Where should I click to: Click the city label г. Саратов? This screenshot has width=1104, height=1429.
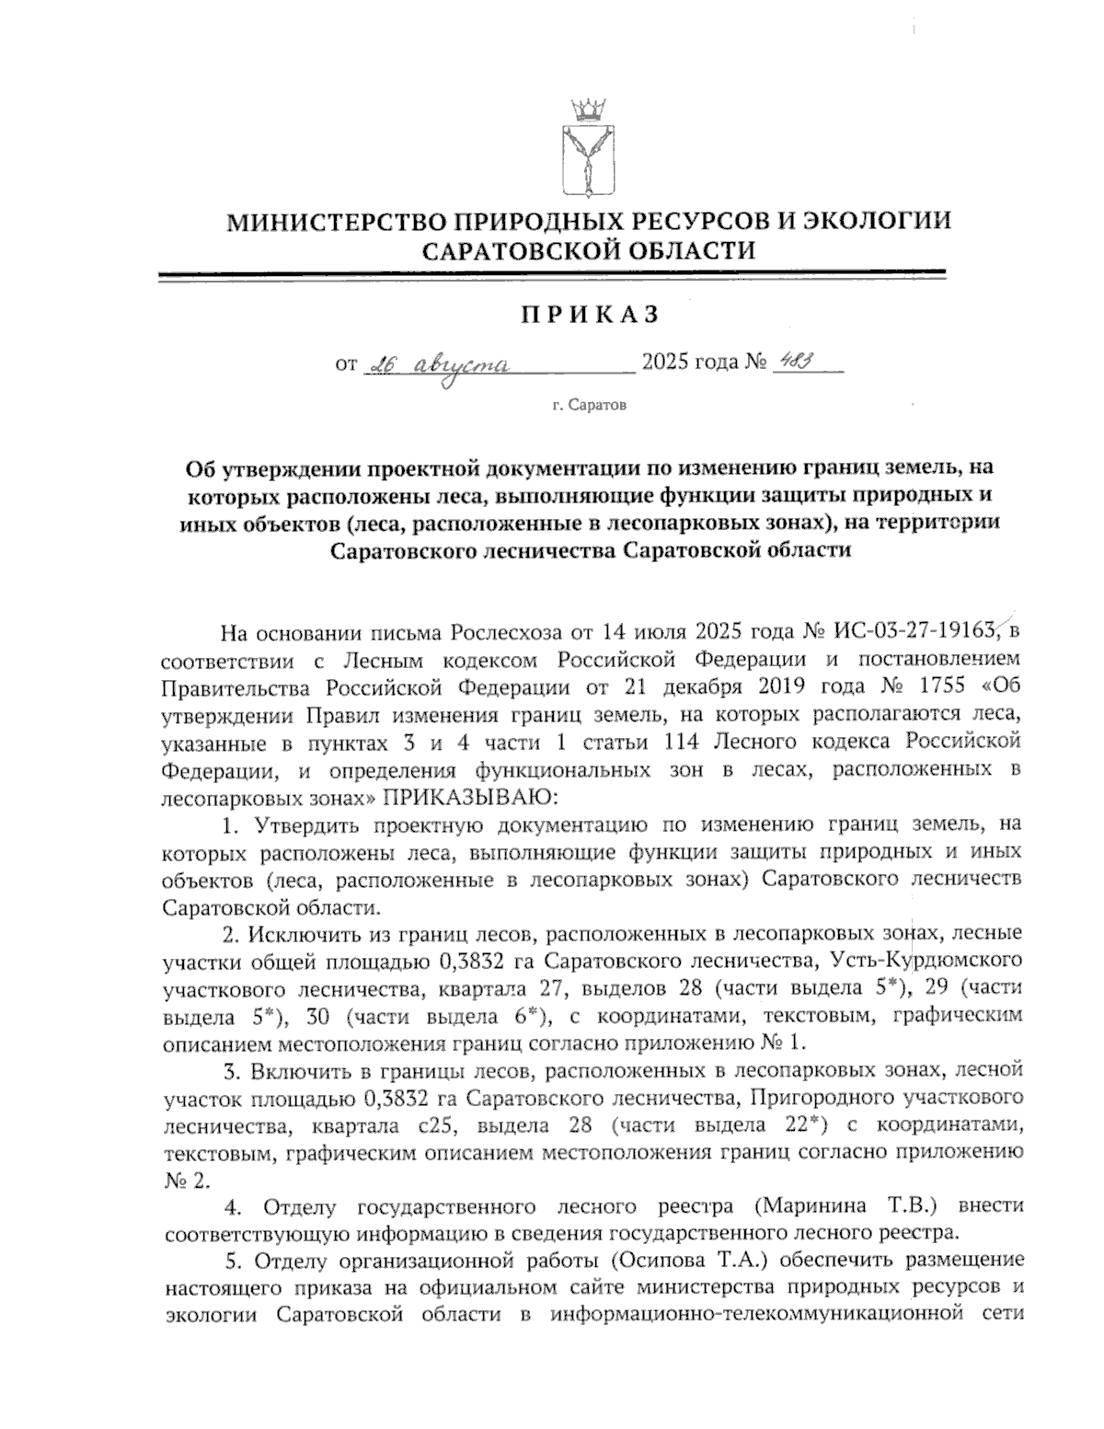(590, 405)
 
